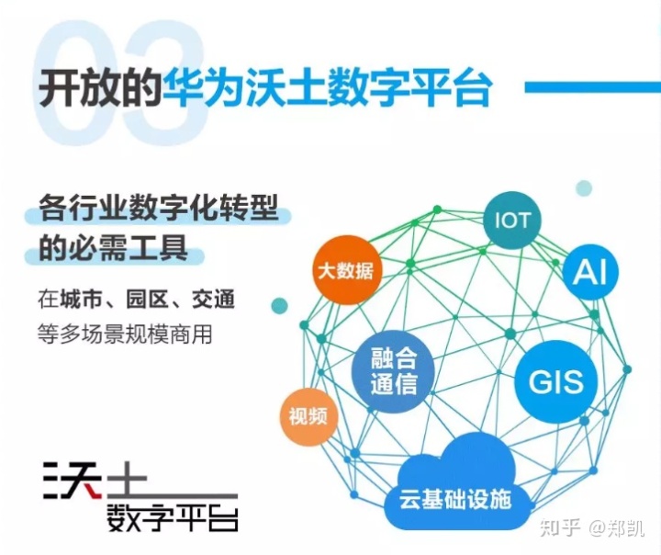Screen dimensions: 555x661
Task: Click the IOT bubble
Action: click(512, 221)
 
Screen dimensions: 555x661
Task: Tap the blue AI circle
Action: click(591, 272)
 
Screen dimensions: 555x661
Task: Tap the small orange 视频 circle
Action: click(308, 415)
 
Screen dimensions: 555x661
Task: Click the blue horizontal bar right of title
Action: click(591, 87)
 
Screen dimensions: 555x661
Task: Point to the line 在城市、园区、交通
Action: click(136, 300)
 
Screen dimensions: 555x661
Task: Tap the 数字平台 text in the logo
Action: click(173, 516)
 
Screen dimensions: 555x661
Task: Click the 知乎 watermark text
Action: click(559, 527)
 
